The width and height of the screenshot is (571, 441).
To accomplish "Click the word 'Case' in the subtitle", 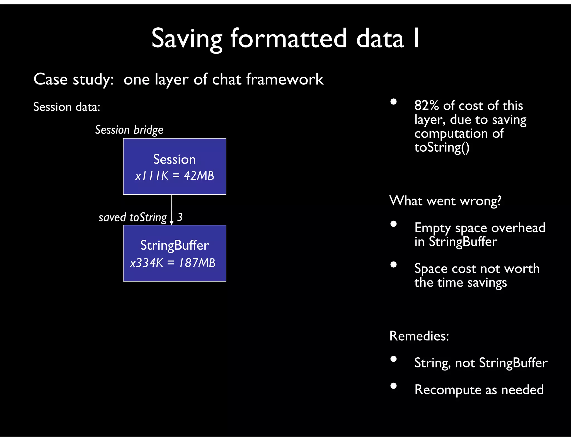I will (50, 79).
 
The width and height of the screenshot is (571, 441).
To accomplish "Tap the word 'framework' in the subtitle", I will (285, 79).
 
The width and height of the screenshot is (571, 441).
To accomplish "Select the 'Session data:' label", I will (67, 107).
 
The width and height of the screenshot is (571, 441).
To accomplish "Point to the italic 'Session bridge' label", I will (129, 130).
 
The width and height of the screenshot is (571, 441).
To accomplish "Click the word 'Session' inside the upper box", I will (175, 159).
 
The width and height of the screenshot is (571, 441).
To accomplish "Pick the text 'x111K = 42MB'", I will (175, 176).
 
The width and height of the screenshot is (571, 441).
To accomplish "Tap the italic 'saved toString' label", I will (133, 217).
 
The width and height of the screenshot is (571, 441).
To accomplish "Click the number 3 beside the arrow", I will (180, 217).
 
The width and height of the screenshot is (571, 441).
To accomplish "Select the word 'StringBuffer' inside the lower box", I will (175, 246).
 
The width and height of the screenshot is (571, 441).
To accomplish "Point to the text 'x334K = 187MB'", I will (173, 263).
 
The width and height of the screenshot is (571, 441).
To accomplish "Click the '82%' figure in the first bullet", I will (427, 106).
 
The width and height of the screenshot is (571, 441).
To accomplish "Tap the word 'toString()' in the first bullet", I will (442, 147).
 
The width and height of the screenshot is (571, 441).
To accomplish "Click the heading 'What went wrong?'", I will (445, 201).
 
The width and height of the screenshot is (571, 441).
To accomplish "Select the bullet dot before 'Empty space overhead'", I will (393, 224).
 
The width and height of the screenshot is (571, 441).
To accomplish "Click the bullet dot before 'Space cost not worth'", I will (393, 265).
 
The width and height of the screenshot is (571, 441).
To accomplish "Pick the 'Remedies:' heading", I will (419, 336).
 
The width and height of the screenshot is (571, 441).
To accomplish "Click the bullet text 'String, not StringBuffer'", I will (481, 363).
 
